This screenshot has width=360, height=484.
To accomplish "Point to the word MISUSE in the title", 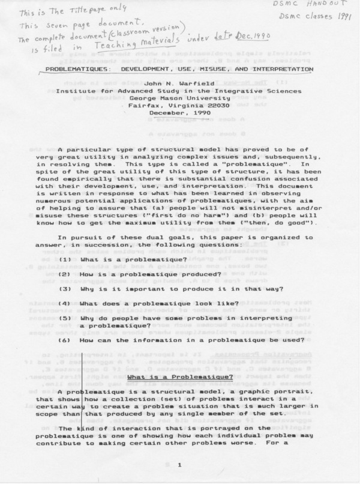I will [229, 69].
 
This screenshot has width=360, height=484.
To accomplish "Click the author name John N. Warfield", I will [181, 84].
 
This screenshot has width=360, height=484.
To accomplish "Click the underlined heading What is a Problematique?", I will [180, 377].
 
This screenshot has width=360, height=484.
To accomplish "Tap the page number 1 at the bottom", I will [179, 465].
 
